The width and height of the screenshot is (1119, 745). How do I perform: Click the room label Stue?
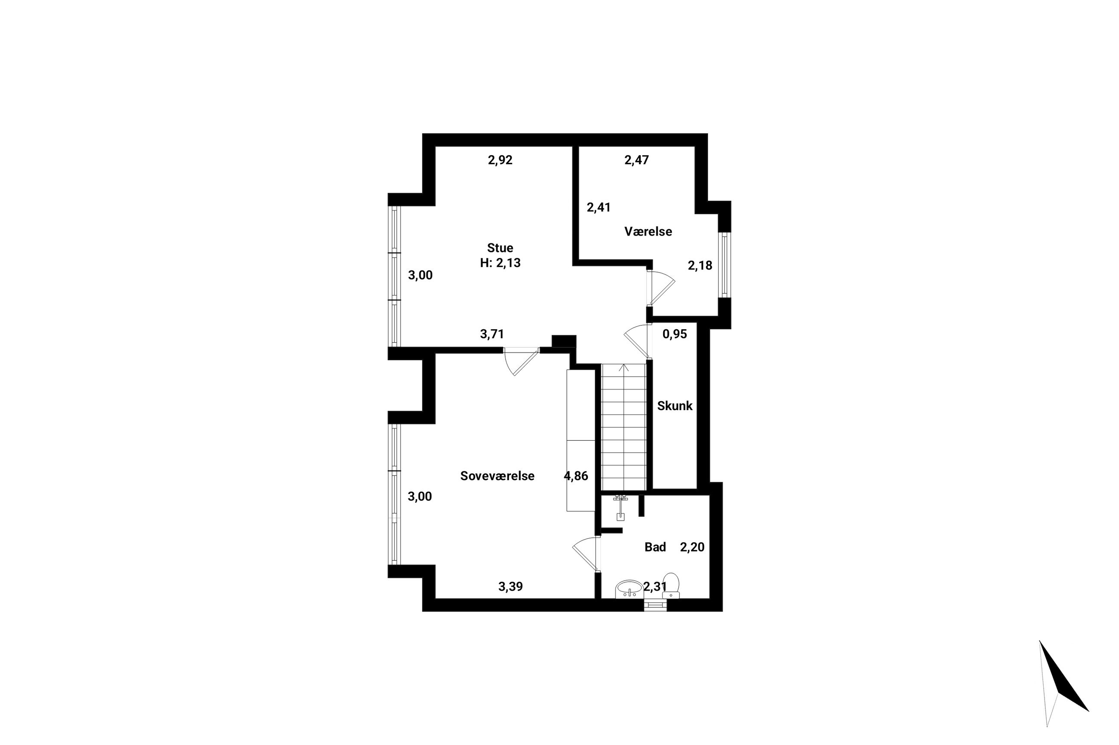pos(500,248)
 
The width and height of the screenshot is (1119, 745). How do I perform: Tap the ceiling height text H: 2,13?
pos(500,263)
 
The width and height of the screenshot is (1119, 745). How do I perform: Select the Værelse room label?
pos(648,231)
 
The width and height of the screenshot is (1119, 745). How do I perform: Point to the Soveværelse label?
pos(497,475)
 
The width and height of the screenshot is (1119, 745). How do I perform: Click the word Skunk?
pos(674,406)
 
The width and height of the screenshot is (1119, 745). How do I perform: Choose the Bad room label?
pos(655,547)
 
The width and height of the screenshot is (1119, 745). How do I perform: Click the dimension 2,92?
pos(500,160)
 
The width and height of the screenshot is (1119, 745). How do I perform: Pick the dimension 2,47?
pos(636,160)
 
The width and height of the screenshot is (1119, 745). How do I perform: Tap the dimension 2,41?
pos(598,207)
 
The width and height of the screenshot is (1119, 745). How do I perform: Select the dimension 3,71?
pos(492,334)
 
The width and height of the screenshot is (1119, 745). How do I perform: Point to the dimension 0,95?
pos(674,334)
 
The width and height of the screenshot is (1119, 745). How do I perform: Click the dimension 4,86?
pos(576,476)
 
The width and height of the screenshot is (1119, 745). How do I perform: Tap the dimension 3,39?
pos(510,587)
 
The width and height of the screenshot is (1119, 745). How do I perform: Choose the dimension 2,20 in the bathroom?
pos(692,547)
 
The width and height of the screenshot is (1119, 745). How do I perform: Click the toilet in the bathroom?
pos(671,586)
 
